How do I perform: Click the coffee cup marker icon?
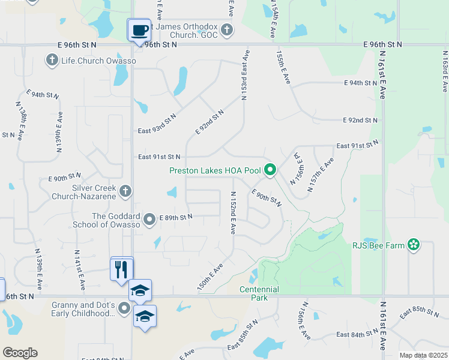(139, 30)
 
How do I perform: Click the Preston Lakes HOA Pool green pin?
(270, 170)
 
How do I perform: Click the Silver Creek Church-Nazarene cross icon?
(125, 191)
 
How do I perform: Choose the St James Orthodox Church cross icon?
(226, 29)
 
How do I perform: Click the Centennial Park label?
(259, 293)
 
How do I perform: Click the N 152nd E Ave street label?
(233, 212)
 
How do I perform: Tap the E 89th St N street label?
(176, 217)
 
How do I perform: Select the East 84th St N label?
(358, 334)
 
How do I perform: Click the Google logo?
(20, 353)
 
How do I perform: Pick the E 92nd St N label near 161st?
(361, 121)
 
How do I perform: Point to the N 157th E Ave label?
(321, 175)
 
